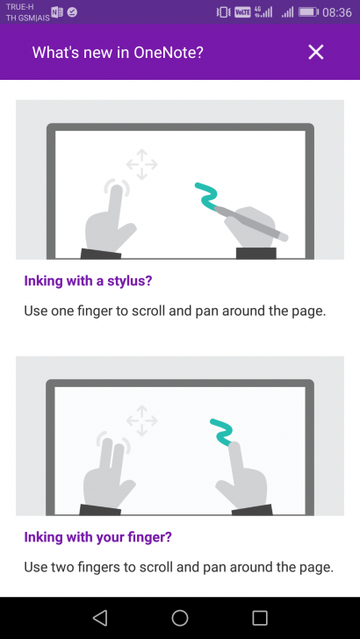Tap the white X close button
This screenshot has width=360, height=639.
(x=315, y=52)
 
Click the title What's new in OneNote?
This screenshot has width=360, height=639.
(x=118, y=52)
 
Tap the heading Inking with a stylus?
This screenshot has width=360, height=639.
(x=88, y=281)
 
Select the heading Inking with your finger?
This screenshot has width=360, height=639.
(x=97, y=537)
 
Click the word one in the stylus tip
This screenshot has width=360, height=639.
(x=61, y=312)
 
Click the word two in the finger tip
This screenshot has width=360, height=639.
(x=61, y=567)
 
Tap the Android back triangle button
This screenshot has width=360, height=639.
(x=100, y=618)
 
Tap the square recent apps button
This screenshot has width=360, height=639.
(x=260, y=618)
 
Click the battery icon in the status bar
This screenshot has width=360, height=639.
(x=308, y=12)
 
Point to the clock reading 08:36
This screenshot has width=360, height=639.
(x=337, y=12)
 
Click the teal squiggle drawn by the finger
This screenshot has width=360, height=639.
(x=222, y=432)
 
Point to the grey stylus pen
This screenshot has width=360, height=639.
(x=250, y=223)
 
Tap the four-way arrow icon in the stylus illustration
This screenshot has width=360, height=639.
(x=141, y=164)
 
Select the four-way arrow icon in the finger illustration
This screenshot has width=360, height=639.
(x=141, y=420)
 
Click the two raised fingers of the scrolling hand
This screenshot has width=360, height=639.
(x=113, y=456)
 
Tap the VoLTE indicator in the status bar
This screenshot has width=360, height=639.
(x=242, y=12)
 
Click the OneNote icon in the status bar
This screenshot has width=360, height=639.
(x=57, y=12)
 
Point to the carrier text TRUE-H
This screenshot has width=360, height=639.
(x=20, y=6)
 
